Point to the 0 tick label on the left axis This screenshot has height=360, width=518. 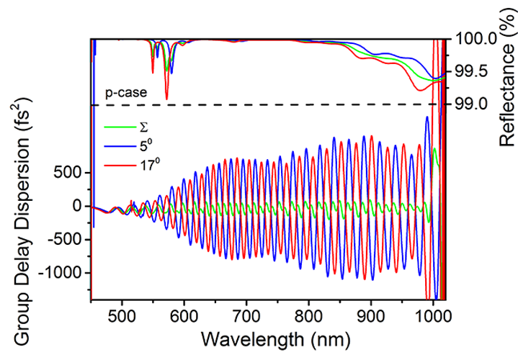pyautogui.click(x=79, y=206)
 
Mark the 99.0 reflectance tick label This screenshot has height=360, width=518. pyautogui.click(x=474, y=104)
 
